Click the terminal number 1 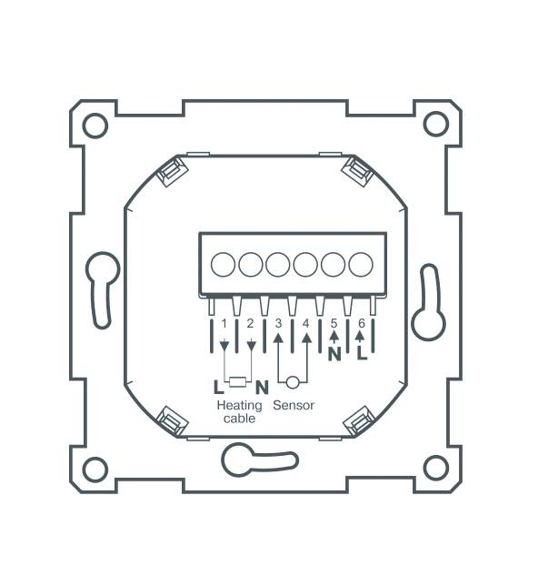tap(224, 323)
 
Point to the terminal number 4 tap(306, 323)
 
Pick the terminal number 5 tap(334, 323)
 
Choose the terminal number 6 tap(362, 323)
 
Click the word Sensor tap(294, 405)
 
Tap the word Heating tap(239, 405)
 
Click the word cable tap(239, 419)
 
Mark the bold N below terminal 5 tap(334, 352)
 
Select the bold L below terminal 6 tap(362, 352)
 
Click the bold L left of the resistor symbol tap(218, 385)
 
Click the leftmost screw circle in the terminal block tap(223, 265)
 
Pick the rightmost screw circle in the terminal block tap(362, 265)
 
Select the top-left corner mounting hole tap(95, 125)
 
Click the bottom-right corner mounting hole tap(436, 468)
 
